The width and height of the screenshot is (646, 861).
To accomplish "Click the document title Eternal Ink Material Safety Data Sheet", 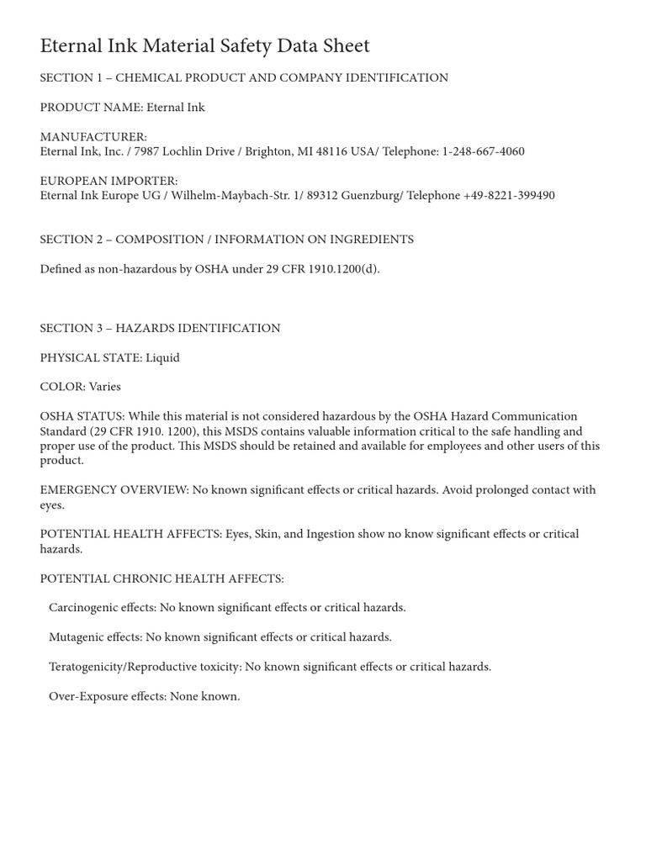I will (x=204, y=45).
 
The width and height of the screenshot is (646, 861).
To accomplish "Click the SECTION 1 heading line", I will (x=244, y=78).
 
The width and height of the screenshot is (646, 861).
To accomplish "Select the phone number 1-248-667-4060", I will (x=483, y=152).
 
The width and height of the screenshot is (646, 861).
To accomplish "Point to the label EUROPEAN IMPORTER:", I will (x=109, y=181).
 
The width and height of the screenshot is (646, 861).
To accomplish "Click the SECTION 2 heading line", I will (x=227, y=240).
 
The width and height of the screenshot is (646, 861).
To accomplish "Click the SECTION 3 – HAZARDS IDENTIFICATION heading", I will (x=160, y=328).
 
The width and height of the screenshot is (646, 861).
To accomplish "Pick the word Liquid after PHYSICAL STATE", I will (x=162, y=357).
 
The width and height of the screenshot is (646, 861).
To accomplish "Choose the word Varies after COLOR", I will (x=105, y=387).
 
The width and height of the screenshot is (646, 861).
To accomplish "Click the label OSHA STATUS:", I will (x=82, y=416).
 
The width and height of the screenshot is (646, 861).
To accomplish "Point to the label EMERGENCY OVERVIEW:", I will (x=114, y=490).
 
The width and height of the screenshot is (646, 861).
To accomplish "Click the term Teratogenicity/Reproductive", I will (x=145, y=667).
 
